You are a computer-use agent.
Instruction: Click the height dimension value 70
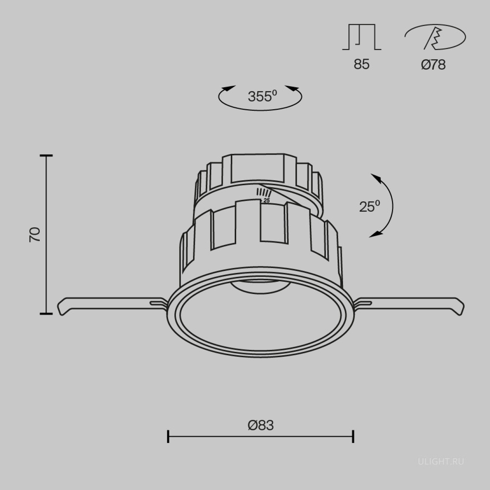click(x=35, y=234)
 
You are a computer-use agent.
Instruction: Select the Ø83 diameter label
click(x=261, y=425)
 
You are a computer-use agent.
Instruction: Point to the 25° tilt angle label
click(x=369, y=206)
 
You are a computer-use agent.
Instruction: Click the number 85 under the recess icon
click(x=361, y=64)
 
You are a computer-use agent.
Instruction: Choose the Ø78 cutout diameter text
click(x=433, y=65)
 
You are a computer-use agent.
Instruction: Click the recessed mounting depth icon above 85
click(x=362, y=37)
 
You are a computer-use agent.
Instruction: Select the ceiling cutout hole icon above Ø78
click(x=435, y=37)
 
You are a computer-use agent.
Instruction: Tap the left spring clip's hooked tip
click(x=61, y=308)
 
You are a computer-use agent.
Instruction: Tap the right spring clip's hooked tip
click(x=460, y=307)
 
